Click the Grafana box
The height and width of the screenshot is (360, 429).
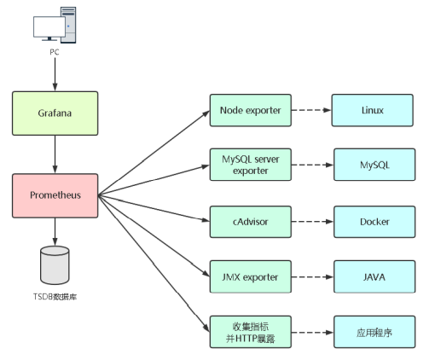(x=55, y=113)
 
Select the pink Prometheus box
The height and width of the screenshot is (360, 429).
(x=55, y=195)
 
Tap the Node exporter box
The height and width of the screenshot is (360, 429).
(x=251, y=110)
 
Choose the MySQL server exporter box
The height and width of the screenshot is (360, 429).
(x=251, y=165)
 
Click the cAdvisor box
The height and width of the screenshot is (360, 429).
(x=251, y=222)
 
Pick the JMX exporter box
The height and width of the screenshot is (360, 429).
(x=251, y=276)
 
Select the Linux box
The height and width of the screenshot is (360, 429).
(x=373, y=110)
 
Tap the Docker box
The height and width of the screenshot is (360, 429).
(x=374, y=222)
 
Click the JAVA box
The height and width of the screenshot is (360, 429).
(x=374, y=276)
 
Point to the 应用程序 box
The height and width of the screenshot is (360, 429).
(x=374, y=332)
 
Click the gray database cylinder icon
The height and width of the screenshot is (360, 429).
(x=55, y=265)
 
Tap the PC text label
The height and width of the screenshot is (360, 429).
(x=55, y=52)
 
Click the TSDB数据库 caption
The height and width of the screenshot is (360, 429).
(x=55, y=297)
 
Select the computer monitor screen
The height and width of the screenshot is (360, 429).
(x=49, y=26)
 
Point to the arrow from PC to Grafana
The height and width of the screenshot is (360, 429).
(x=55, y=74)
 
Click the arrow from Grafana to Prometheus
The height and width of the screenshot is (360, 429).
(x=55, y=154)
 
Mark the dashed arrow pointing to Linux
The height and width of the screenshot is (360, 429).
(x=311, y=110)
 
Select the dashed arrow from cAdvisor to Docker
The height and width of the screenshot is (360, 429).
(x=313, y=222)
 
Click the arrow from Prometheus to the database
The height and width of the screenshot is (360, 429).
(x=55, y=232)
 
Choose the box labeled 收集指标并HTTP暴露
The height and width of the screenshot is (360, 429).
(x=251, y=332)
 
